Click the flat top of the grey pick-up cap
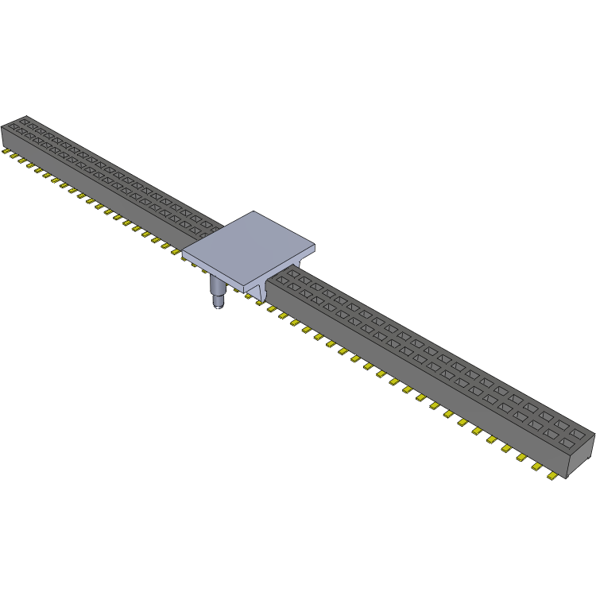(x=249, y=246)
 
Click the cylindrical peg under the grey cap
(x=217, y=288)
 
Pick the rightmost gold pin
(x=551, y=475)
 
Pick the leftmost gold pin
(x=6, y=151)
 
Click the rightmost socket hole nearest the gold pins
(x=566, y=442)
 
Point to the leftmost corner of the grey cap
(x=184, y=254)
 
